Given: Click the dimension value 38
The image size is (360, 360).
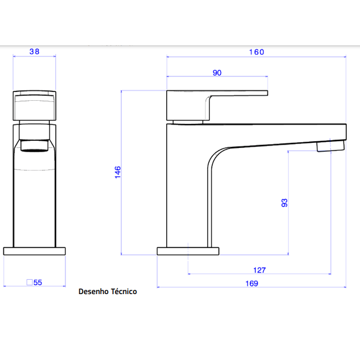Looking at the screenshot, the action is tap(34, 52).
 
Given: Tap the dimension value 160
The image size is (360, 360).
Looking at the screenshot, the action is tap(256, 52).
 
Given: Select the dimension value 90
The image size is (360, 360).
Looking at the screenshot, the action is tap(217, 73).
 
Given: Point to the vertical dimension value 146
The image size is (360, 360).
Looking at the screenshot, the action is tap(117, 172).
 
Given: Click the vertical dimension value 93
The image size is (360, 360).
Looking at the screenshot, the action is tap(284, 203).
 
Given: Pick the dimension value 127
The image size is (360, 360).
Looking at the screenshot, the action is tap(259, 270).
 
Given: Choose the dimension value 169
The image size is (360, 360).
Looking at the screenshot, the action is tap(251, 284).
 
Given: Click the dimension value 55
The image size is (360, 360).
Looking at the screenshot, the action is tap(38, 282).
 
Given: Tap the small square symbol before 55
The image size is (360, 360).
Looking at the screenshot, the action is tap(29, 282).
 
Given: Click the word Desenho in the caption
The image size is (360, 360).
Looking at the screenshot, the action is tap(94, 291).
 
